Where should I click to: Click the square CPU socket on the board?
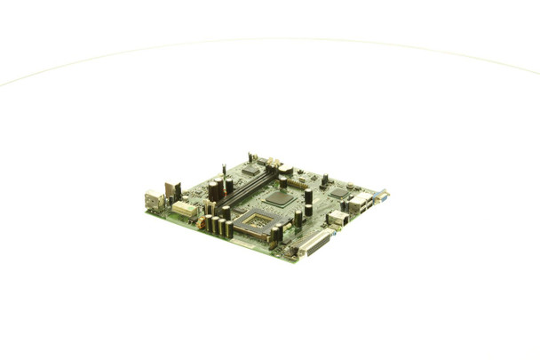257,223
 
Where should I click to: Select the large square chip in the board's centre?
278,198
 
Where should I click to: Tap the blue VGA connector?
380,196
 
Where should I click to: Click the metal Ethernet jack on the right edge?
337,218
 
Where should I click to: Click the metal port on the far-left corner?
153,201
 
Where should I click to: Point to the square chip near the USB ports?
338,193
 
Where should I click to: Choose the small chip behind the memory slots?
251,169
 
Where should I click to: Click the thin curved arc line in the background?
266,39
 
